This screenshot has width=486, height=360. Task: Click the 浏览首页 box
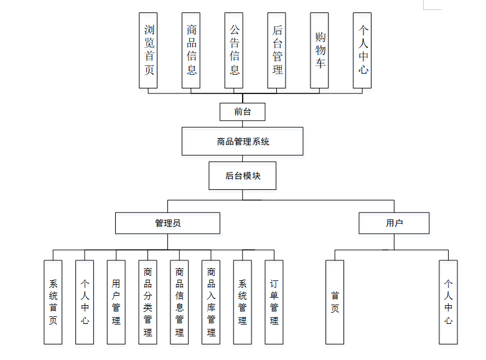[x=149, y=50]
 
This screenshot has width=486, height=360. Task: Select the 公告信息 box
[x=234, y=50]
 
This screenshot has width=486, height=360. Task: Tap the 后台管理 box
[x=277, y=50]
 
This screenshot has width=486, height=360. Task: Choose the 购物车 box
[x=320, y=50]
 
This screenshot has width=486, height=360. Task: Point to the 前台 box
[x=243, y=112]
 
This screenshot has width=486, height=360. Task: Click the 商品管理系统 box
[x=243, y=141]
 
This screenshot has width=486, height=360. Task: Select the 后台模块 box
[x=243, y=176]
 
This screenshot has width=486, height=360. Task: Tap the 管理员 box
[x=167, y=223]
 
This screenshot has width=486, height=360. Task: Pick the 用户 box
[x=394, y=223]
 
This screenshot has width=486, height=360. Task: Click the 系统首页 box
[x=53, y=302]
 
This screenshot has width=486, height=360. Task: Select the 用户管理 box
[x=116, y=302]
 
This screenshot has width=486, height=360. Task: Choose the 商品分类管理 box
[x=147, y=302]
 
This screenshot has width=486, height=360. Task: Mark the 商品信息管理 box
[x=179, y=302]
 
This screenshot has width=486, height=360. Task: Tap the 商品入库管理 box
[x=211, y=302]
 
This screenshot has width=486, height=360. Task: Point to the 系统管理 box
[x=243, y=302]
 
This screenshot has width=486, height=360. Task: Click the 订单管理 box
[x=274, y=302]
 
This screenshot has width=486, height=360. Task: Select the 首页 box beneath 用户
[x=335, y=302]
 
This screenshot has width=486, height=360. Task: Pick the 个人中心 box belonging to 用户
[x=448, y=302]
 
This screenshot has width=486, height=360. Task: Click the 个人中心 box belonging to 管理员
[x=85, y=302]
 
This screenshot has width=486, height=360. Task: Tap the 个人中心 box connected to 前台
[x=362, y=50]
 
